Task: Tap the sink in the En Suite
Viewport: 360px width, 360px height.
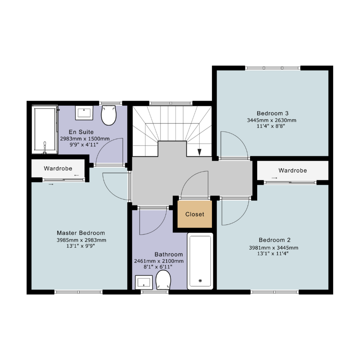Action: click(84, 113)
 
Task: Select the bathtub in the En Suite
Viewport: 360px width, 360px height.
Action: click(45, 130)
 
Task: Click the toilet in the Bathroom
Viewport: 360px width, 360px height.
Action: click(163, 280)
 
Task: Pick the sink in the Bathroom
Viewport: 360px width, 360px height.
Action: click(144, 282)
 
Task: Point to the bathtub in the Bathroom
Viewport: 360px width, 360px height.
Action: click(200, 261)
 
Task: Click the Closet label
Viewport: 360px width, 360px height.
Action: click(194, 214)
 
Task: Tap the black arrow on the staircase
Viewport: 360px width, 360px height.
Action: click(199, 152)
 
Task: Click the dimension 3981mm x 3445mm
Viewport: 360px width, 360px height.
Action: click(274, 248)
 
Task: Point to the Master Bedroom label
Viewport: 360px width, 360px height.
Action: click(81, 233)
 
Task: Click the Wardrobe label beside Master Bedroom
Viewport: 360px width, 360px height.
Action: click(58, 168)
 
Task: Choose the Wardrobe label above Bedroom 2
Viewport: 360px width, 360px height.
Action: click(293, 170)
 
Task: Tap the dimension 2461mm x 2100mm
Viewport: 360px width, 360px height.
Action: click(159, 261)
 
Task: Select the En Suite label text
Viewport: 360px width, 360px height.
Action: click(81, 132)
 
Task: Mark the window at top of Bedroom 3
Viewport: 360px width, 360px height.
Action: click(273, 68)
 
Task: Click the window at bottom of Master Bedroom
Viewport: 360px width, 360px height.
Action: click(79, 292)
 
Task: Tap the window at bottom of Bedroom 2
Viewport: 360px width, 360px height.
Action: click(275, 292)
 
